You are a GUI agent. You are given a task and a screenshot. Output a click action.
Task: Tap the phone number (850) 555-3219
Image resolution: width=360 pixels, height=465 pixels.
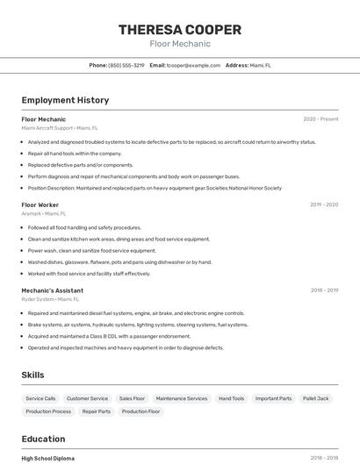[126, 65]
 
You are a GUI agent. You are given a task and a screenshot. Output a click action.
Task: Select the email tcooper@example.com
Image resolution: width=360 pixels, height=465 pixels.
[194, 65]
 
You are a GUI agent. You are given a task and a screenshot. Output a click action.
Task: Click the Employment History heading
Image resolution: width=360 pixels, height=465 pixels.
[65, 100]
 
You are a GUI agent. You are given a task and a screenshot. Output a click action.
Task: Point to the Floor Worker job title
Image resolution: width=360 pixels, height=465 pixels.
[40, 204]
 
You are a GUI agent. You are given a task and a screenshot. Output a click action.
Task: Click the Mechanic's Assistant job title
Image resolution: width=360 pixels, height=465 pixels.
[52, 290]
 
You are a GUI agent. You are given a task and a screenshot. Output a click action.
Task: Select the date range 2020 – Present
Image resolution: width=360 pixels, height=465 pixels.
[320, 119]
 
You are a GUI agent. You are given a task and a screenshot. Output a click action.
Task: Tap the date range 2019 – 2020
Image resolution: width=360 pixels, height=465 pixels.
[324, 204]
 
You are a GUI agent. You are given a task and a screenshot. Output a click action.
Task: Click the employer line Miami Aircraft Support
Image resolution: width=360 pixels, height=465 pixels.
[60, 128]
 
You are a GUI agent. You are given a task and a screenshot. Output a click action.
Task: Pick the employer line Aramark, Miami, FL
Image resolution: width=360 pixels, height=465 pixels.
[44, 213]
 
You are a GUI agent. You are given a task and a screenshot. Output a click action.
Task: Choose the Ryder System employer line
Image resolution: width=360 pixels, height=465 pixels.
[50, 298]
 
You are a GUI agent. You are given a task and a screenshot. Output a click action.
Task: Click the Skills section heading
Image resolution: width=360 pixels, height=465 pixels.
[32, 375]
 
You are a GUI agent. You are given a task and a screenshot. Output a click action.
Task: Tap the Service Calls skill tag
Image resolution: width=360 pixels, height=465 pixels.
[40, 398]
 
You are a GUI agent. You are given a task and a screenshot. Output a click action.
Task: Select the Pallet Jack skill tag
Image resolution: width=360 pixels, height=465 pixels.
[316, 398]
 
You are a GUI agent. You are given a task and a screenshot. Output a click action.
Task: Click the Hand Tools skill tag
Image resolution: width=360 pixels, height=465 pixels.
[232, 398]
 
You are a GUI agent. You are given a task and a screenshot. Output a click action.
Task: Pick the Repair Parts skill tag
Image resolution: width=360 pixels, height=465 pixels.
[97, 411]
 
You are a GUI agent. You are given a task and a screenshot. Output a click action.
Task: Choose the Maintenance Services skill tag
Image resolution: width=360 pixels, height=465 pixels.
[182, 398]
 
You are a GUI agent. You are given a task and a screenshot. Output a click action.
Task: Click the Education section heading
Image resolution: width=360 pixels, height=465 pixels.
[43, 439]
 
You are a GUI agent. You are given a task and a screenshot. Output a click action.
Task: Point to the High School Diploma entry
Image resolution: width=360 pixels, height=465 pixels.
[48, 458]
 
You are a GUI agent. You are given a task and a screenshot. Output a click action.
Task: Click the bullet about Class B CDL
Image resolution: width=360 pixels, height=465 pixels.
[109, 336]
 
